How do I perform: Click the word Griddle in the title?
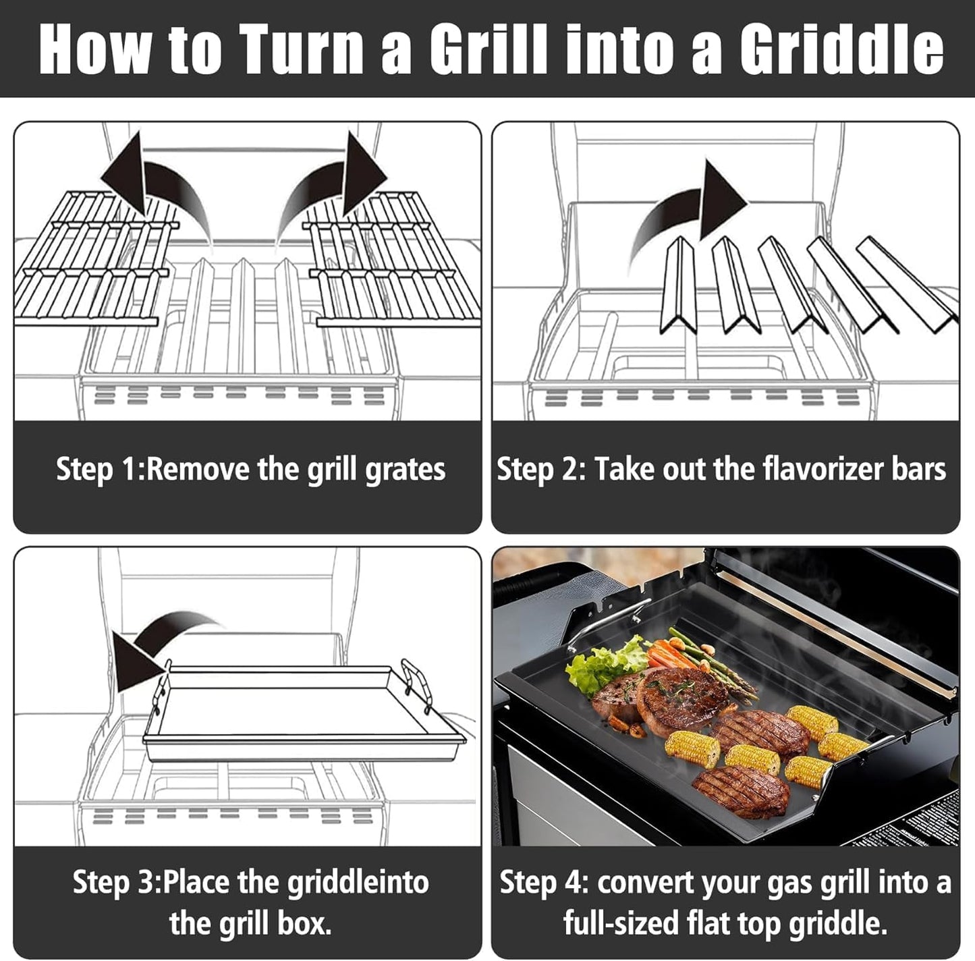pyautogui.click(x=841, y=49)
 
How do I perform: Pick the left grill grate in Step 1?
pyautogui.click(x=94, y=260)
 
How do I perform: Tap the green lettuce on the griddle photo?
pyautogui.click(x=601, y=665)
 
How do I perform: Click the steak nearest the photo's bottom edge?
pyautogui.click(x=741, y=790)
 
